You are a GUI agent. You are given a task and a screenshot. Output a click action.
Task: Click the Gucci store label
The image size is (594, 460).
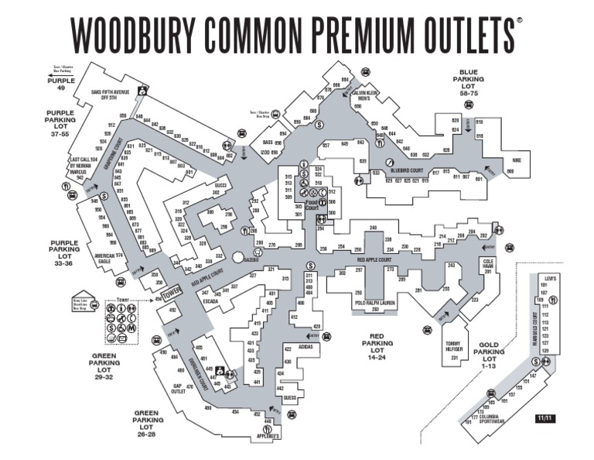point(220,185)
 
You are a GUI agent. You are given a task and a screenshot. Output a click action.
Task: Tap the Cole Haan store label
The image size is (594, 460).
point(488,264)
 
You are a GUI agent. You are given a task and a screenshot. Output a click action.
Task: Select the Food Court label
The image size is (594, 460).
point(311,204)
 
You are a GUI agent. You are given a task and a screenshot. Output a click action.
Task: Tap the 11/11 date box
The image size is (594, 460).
point(544,418)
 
